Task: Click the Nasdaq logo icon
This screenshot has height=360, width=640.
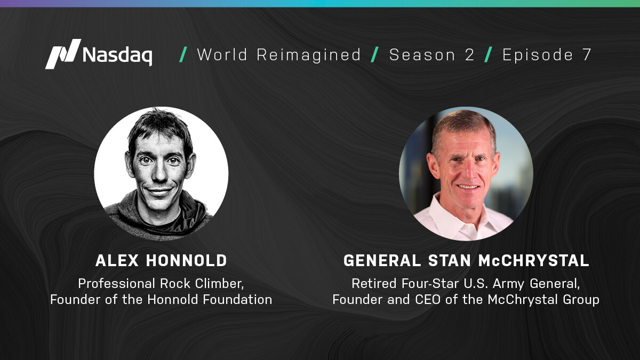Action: [63, 54]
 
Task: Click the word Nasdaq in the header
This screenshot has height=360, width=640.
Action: [117, 55]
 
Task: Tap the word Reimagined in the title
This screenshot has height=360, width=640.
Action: [309, 55]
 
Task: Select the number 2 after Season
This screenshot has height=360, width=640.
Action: [469, 54]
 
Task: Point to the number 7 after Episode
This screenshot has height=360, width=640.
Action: [587, 54]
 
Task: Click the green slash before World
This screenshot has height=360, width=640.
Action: [183, 54]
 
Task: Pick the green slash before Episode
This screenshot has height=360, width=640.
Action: [489, 54]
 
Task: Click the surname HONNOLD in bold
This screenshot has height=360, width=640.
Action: [187, 261]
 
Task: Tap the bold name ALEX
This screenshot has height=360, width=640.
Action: [117, 261]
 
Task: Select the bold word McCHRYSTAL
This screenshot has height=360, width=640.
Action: [534, 261]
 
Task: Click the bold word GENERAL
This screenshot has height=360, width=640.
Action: [382, 261]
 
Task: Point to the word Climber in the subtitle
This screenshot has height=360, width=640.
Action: [219, 284]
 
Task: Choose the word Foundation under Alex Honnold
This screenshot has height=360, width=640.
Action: [238, 300]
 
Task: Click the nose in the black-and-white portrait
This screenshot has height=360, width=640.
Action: [159, 172]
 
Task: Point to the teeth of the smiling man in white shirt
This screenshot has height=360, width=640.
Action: [468, 187]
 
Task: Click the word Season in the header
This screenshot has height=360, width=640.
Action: [422, 54]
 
